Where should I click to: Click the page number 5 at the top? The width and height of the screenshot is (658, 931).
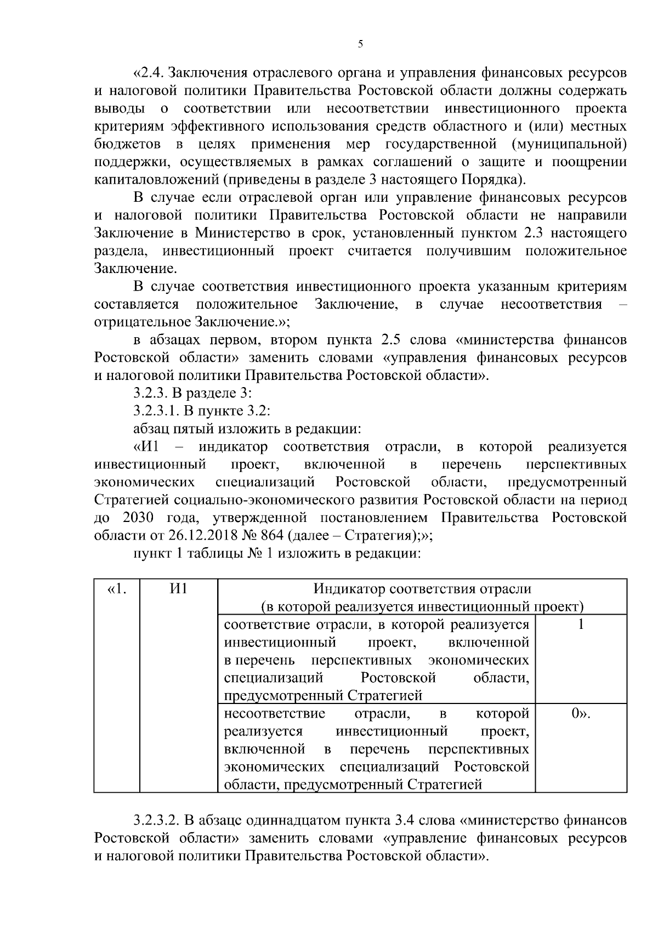pyautogui.click(x=360, y=44)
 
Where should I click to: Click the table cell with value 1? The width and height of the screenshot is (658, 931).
pyautogui.click(x=581, y=625)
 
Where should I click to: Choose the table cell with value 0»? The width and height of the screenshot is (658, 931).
pyautogui.click(x=581, y=713)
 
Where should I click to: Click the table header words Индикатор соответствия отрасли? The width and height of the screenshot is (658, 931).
pyautogui.click(x=422, y=589)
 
